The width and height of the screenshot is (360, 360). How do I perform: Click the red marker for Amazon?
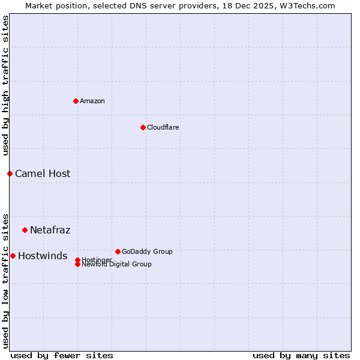tap(76, 101)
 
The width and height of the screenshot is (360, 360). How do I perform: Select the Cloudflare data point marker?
tap(143, 127)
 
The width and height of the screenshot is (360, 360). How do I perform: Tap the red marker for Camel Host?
tap(10, 173)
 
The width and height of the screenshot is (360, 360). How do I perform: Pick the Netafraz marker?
tap(25, 230)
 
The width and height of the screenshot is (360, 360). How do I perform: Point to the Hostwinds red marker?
tap(13, 256)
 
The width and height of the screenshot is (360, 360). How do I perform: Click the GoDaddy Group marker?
tap(118, 251)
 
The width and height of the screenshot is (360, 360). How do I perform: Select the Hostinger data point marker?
tap(77, 260)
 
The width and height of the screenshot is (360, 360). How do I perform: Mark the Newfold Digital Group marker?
tap(77, 264)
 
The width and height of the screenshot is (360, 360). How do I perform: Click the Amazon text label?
tap(92, 101)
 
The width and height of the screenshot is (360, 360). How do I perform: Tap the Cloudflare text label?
tap(163, 127)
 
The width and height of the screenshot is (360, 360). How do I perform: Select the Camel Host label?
tap(43, 174)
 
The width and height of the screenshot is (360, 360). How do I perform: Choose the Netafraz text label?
tap(50, 230)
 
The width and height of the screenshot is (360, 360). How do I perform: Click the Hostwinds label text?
tap(43, 256)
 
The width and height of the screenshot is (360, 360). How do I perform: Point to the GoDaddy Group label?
tap(147, 251)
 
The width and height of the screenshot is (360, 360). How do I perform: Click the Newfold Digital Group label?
tap(117, 265)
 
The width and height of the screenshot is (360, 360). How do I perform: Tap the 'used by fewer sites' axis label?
tap(62, 355)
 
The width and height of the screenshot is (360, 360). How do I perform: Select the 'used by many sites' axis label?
tap(301, 355)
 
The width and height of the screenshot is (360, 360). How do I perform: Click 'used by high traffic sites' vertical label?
tap(6, 85)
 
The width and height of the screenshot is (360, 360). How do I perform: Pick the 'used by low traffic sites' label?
tap(6, 280)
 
